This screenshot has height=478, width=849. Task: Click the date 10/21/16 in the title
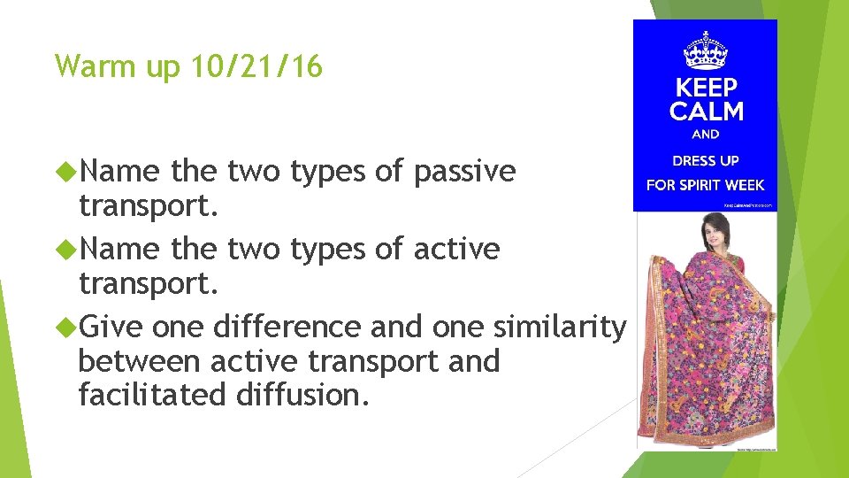point(256,66)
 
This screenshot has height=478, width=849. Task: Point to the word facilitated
point(152,395)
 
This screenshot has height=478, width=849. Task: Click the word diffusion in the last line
point(302,395)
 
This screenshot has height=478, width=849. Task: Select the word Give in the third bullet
point(111,327)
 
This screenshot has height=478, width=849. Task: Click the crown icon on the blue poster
point(705,50)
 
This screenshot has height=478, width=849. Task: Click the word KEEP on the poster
point(706,89)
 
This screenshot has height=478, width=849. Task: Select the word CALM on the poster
point(706,112)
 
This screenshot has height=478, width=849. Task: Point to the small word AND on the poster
point(706,135)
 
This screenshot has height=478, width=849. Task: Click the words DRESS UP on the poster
point(706,161)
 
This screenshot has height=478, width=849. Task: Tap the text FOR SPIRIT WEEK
point(706,185)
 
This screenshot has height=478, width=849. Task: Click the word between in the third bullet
point(143,361)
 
